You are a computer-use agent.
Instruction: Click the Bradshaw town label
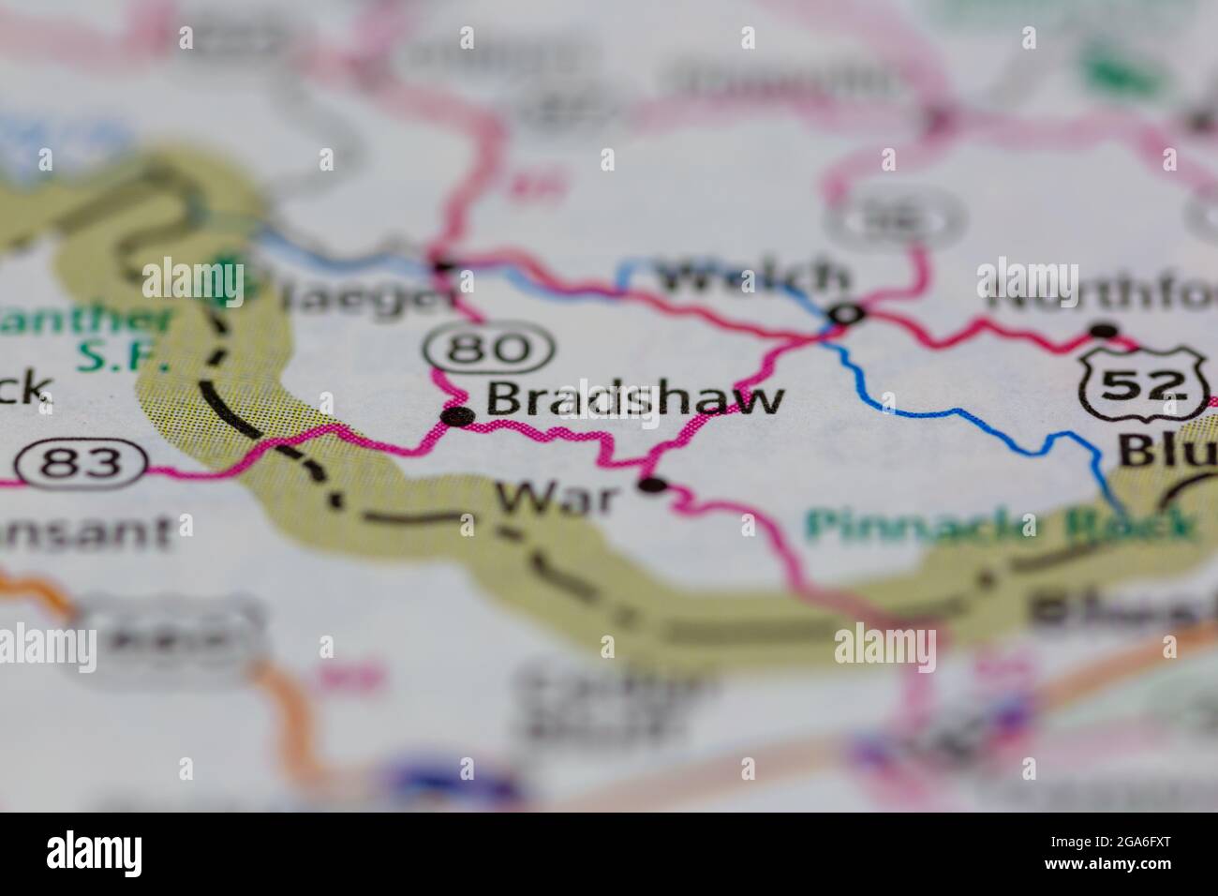click(x=634, y=399)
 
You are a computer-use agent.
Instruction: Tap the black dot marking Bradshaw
click(x=457, y=416)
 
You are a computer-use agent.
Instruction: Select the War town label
click(x=557, y=498)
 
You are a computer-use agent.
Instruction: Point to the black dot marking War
click(x=652, y=485)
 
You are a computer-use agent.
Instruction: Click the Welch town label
click(x=754, y=277)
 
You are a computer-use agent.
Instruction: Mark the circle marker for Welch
click(x=846, y=314)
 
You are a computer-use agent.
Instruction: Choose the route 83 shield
click(x=82, y=463)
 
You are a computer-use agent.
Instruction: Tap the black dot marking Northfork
click(x=1106, y=330)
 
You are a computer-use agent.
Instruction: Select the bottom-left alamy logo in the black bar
click(x=95, y=853)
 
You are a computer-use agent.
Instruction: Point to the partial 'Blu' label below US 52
click(x=1166, y=454)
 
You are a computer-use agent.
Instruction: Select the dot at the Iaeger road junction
click(x=439, y=266)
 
